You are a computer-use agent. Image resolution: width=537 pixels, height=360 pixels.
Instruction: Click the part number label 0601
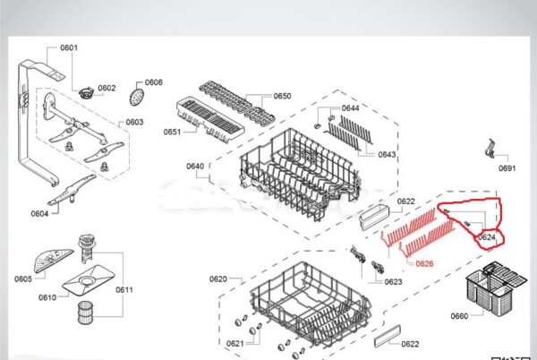(x=69, y=47)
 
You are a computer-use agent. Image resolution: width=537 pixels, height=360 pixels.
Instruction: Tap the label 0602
(x=107, y=88)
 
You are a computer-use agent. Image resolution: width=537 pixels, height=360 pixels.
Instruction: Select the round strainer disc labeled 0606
(x=137, y=97)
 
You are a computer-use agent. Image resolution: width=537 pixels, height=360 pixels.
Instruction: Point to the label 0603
(x=134, y=123)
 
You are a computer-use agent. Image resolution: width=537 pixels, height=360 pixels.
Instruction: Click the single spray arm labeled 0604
(x=72, y=190)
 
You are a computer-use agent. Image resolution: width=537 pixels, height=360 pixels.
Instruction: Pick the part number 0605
(x=23, y=279)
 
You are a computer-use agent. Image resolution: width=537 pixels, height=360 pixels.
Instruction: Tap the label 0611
(x=124, y=290)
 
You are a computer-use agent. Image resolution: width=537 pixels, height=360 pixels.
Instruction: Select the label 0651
(x=172, y=132)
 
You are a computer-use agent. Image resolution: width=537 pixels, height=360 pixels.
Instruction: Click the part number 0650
(x=283, y=96)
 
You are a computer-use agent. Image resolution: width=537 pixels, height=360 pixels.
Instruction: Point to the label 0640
(x=195, y=167)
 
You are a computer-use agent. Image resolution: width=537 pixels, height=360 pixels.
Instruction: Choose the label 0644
(x=350, y=108)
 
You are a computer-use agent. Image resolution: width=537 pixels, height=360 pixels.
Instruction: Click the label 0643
(x=387, y=155)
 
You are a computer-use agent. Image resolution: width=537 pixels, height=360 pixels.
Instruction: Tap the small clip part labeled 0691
(x=491, y=149)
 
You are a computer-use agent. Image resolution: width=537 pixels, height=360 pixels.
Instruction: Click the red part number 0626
(x=424, y=264)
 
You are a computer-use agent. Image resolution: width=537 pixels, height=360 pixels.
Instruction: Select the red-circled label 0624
(x=487, y=237)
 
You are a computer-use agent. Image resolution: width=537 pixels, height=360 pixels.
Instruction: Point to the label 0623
(x=393, y=282)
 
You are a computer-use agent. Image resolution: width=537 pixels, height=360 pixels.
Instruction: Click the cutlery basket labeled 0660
(x=495, y=285)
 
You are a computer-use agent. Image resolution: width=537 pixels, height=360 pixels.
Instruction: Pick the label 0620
(x=218, y=279)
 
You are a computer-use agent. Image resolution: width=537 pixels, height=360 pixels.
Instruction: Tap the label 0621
(x=235, y=344)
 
